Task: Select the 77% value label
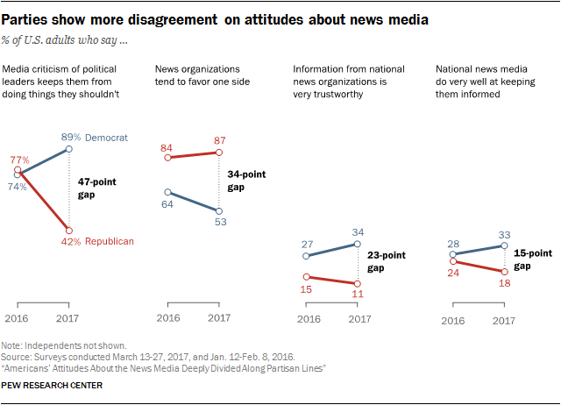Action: pos(19,160)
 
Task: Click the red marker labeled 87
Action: pos(219,153)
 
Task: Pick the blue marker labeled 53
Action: pos(219,210)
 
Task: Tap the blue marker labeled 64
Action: pos(167,192)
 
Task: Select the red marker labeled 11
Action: pos(357,283)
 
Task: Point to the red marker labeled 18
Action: pos(504,272)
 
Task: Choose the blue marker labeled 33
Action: pos(504,246)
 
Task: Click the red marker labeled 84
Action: pos(167,158)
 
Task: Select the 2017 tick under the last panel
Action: pos(504,322)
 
